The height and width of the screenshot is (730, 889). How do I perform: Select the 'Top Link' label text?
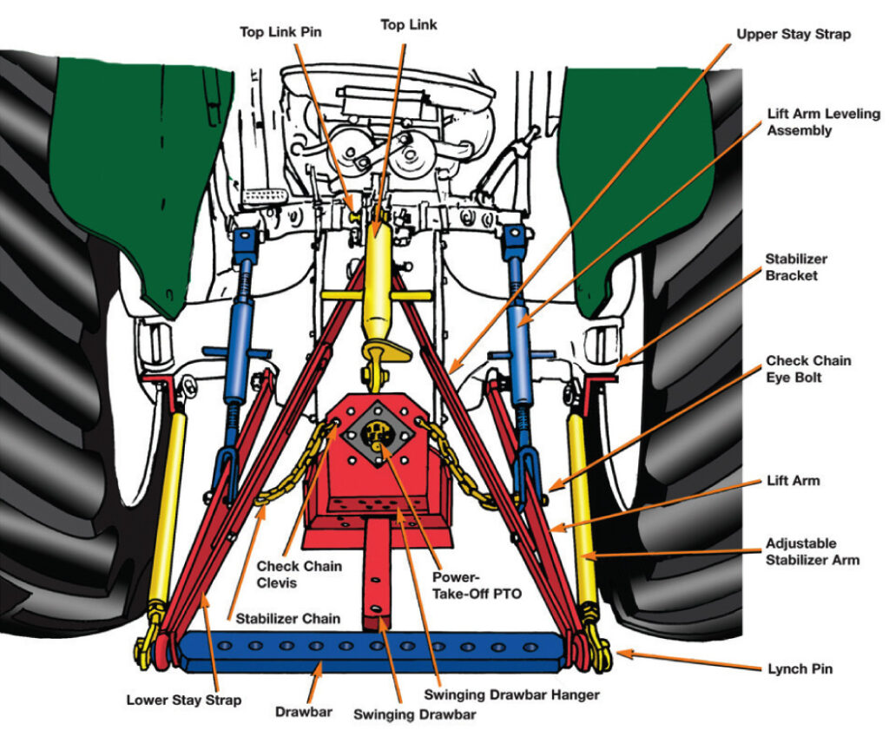point(409,25)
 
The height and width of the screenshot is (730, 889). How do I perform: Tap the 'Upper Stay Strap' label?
point(794,34)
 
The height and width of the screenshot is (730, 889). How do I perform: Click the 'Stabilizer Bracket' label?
point(796,266)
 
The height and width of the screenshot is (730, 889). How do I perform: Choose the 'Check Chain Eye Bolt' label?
point(808,368)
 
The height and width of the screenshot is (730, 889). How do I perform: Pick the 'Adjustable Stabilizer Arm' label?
point(813,551)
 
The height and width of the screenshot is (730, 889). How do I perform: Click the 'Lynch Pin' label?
point(800,668)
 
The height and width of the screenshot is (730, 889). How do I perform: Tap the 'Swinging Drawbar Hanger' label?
point(511,694)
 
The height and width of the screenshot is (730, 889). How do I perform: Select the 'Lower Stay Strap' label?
point(179,699)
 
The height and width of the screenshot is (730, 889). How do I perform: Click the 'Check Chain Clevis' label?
point(299,574)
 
